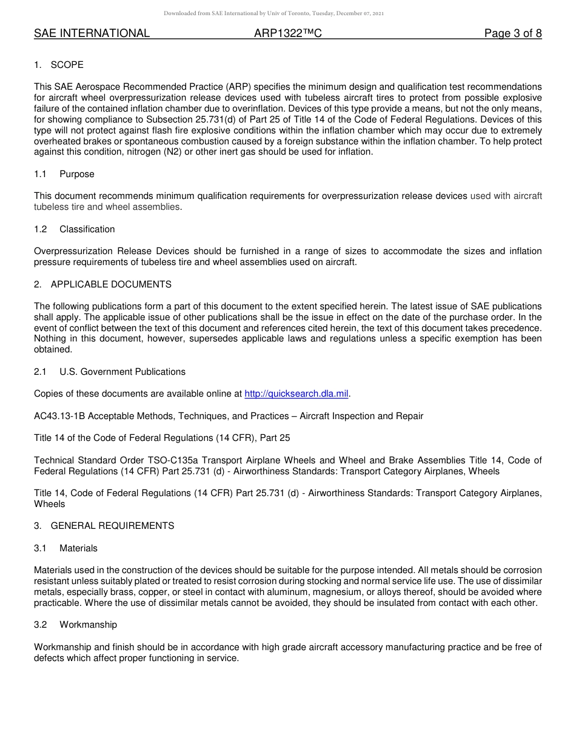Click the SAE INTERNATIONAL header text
pyautogui.click(x=92, y=34)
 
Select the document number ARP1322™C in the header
pyautogui.click(x=288, y=34)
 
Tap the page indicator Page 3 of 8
pyautogui.click(x=512, y=34)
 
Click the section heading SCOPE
pyautogui.click(x=67, y=65)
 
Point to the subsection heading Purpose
pyautogui.click(x=77, y=174)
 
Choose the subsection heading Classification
pyautogui.click(x=87, y=229)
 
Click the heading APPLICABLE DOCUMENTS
pyautogui.click(x=111, y=284)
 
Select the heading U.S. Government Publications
pyautogui.click(x=122, y=372)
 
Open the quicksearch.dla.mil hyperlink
pyautogui.click(x=296, y=394)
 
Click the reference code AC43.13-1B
pyautogui.click(x=59, y=416)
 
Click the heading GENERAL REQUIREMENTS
pyautogui.click(x=112, y=526)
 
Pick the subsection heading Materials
pyautogui.click(x=78, y=548)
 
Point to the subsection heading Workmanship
pyautogui.click(x=88, y=625)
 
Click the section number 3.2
pyautogui.click(x=41, y=625)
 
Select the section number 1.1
pyautogui.click(x=40, y=174)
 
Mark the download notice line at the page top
pyautogui.click(x=273, y=13)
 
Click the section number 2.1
pyautogui.click(x=41, y=372)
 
